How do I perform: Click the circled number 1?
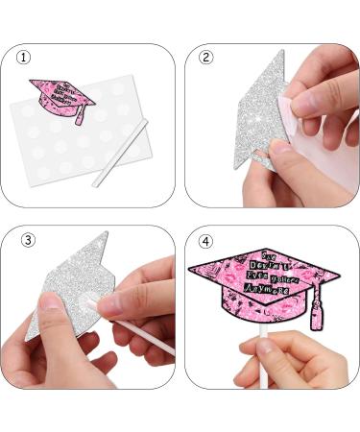(x=23, y=58)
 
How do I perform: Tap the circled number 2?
(x=204, y=58)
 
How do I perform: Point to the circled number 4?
(x=204, y=239)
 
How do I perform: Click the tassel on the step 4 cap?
(x=312, y=307)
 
